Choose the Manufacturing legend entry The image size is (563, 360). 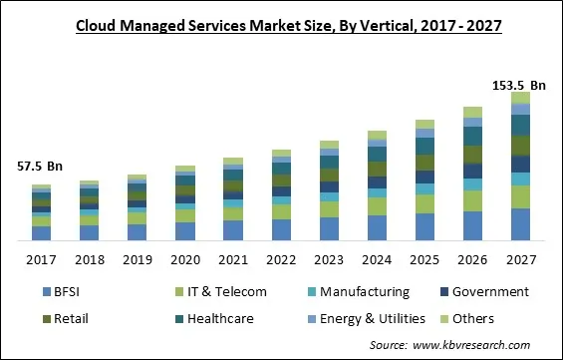(x=356, y=292)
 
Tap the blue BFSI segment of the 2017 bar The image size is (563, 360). (x=41, y=233)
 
